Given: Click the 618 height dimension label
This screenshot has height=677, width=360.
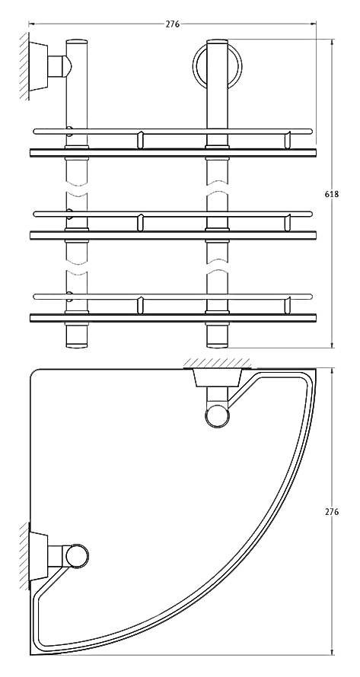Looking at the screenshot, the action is coord(332,194).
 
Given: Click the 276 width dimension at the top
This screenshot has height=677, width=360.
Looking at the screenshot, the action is coord(173,24).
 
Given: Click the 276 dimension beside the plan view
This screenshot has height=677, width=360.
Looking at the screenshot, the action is coord(332,512).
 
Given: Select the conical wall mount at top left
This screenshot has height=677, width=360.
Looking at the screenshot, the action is coord(39,66).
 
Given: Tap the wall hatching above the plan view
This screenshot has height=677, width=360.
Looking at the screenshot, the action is coord(218,364).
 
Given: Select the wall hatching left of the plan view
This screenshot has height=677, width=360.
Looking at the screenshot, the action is coord(24,556).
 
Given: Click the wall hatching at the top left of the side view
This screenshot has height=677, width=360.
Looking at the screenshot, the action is coord(24,66).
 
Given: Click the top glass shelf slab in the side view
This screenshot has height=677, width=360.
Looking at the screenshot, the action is coord(173,153).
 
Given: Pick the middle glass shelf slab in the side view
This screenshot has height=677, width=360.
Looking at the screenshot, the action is coord(173,235).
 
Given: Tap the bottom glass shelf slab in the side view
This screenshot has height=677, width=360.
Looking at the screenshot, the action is coord(173,318).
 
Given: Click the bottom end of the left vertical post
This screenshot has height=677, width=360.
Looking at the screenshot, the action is coord(77,345).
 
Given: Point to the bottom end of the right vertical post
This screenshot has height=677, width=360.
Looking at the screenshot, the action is coord(217,345).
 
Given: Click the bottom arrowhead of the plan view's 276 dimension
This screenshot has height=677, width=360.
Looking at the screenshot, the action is coord(332,652).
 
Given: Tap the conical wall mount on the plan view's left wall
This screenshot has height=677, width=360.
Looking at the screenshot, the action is coord(39,556).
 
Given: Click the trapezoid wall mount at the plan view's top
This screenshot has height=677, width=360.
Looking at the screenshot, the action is coord(218,378).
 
